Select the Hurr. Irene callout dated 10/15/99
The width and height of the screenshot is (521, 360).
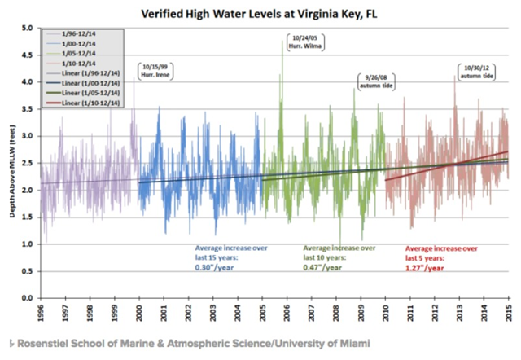[156, 70]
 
